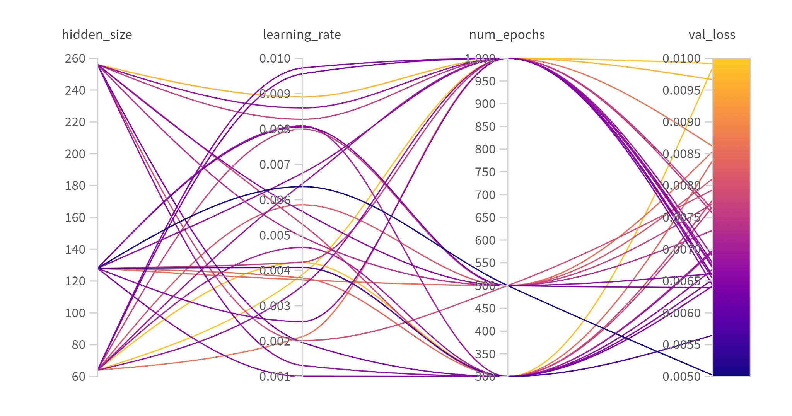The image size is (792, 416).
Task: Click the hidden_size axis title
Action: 97,35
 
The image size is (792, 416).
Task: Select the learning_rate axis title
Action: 302,35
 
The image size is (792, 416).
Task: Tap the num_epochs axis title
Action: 507,35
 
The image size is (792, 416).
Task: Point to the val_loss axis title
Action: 712,35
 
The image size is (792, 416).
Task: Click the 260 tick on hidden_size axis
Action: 75,59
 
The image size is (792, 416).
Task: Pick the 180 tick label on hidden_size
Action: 75,186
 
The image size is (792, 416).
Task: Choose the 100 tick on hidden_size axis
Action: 75,313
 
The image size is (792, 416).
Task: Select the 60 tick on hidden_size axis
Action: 79,377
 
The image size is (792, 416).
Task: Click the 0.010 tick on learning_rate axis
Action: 275,59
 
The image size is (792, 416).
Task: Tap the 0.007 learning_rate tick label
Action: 275,165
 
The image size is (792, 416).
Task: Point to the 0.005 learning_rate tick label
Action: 275,235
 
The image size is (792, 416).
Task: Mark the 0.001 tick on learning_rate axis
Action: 275,377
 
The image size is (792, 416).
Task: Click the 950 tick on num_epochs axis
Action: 485,82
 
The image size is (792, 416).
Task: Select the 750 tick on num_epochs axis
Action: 485,172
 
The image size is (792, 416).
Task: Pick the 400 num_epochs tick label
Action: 485,331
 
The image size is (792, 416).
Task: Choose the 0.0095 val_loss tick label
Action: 681,90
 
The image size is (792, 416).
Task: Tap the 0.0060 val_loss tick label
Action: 681,313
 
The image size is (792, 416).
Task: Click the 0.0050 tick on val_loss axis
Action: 681,377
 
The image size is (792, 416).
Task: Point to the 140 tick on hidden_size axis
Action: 75,250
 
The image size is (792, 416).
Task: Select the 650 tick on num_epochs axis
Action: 485,218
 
